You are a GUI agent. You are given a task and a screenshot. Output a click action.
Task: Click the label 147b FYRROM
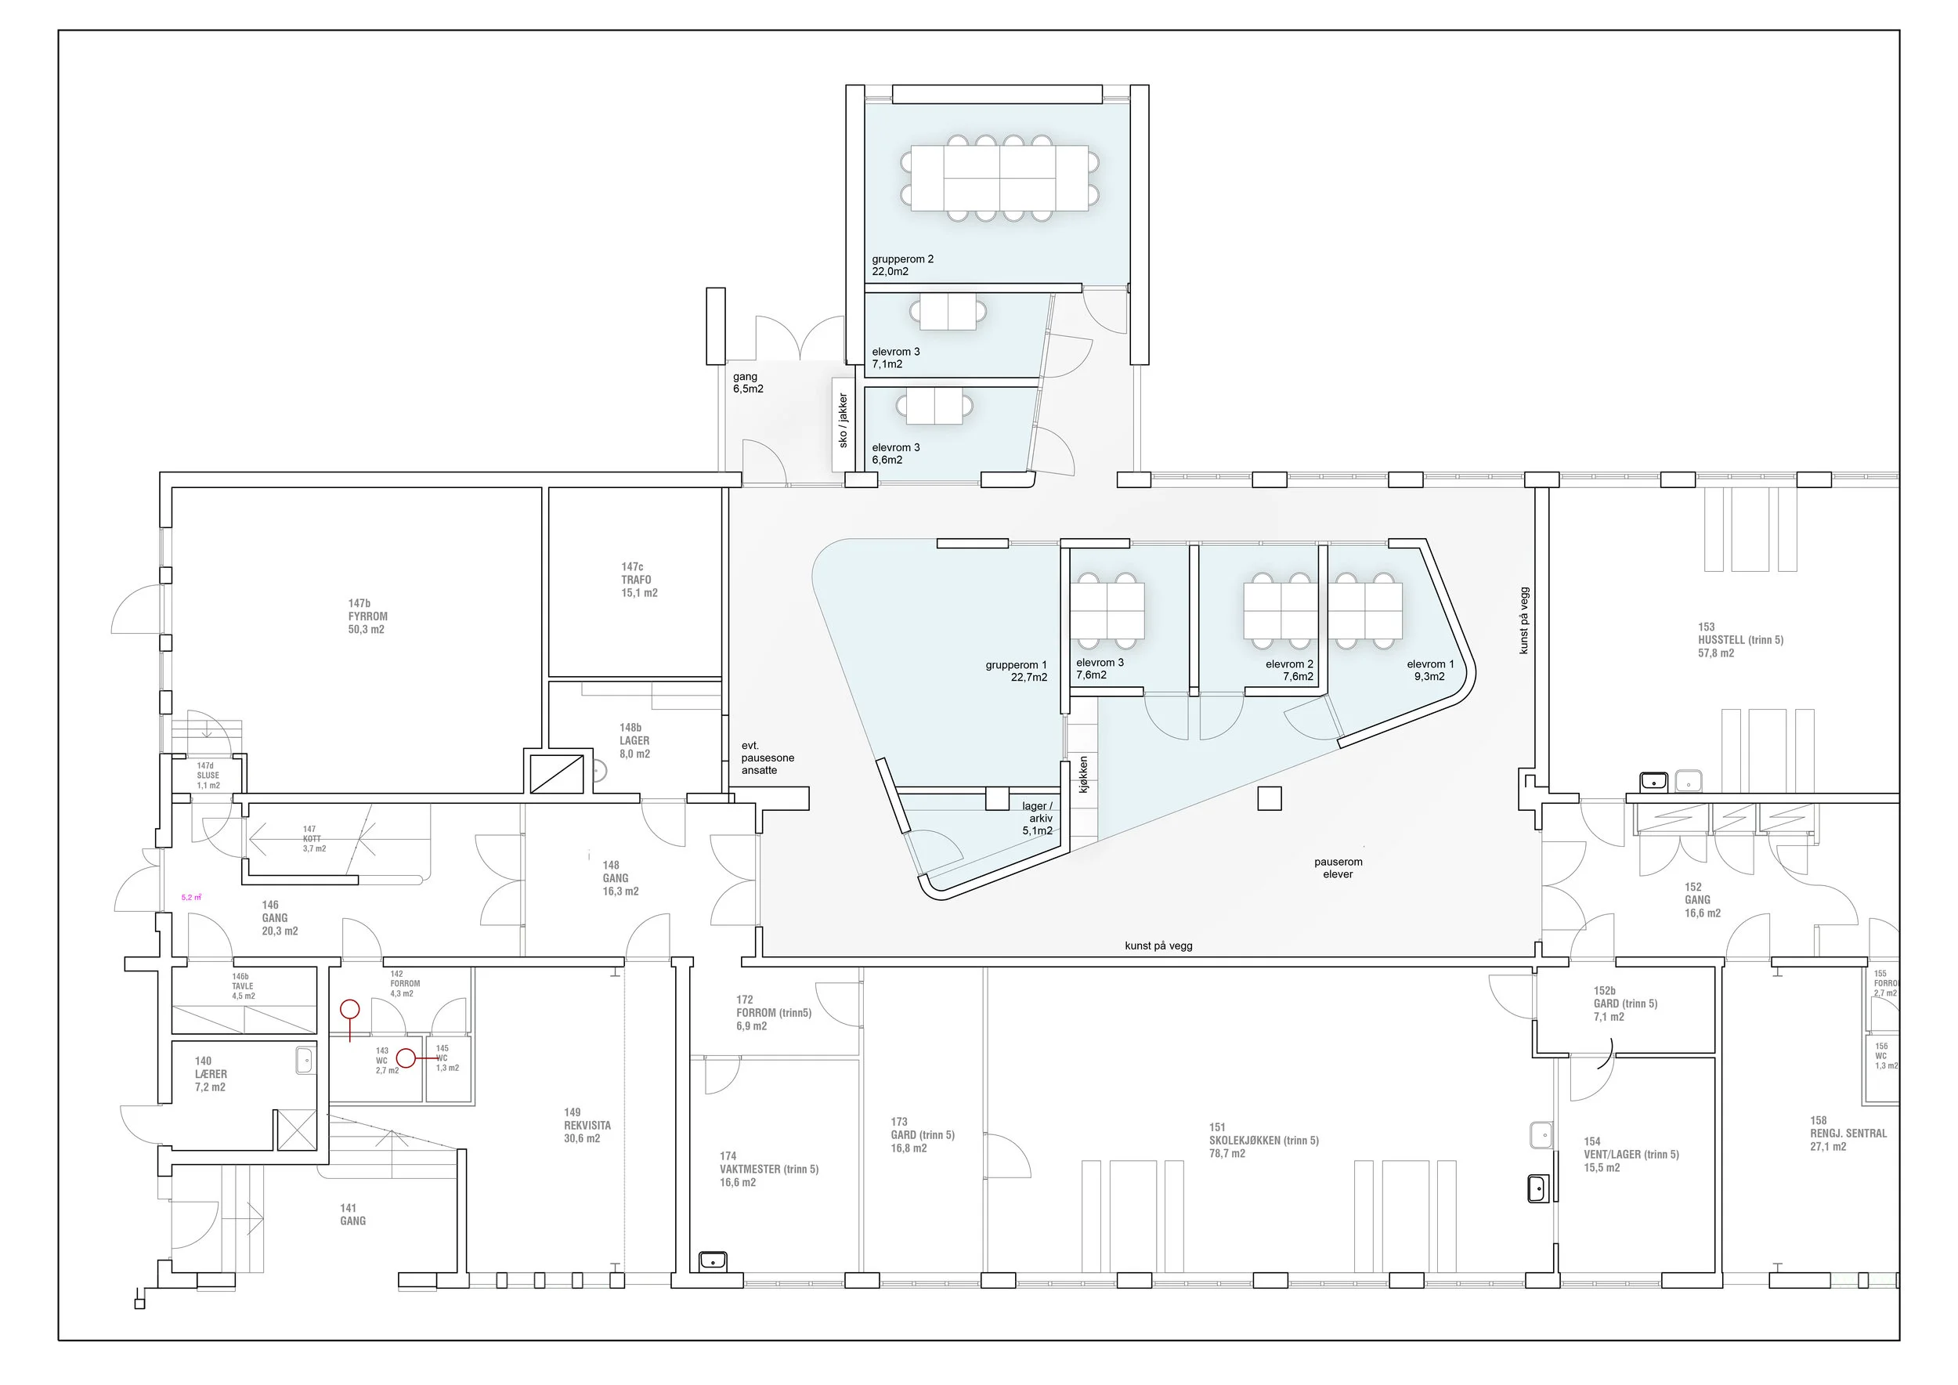click(367, 617)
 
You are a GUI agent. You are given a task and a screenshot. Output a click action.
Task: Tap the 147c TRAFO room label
click(639, 580)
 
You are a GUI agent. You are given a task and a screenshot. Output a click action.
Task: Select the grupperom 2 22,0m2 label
click(902, 266)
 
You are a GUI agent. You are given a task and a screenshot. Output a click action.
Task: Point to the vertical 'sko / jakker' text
click(844, 421)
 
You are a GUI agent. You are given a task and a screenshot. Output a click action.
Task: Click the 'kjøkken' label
click(1083, 775)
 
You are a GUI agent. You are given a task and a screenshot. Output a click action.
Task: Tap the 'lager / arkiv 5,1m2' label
click(1037, 818)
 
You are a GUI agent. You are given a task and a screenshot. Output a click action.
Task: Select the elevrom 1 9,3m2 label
click(1430, 671)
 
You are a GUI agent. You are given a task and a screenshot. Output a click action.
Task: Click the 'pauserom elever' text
click(1338, 867)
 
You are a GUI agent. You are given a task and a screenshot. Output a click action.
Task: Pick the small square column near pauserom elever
click(1270, 798)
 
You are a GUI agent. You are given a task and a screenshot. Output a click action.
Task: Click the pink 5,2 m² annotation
click(191, 897)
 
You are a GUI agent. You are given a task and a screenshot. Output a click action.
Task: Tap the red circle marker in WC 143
click(406, 1058)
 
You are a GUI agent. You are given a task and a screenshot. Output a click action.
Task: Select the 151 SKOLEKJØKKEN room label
click(1263, 1141)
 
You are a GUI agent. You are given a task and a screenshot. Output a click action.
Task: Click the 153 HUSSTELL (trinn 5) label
click(1739, 640)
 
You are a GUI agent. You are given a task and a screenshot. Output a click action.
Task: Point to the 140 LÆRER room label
click(211, 1075)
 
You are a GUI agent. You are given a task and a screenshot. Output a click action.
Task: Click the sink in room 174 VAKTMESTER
click(712, 1260)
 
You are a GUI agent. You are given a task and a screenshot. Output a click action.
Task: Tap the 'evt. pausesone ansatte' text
click(767, 758)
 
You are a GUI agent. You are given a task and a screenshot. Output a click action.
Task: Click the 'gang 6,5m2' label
click(748, 383)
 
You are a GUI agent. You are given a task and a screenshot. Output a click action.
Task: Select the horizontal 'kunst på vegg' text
click(1158, 946)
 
